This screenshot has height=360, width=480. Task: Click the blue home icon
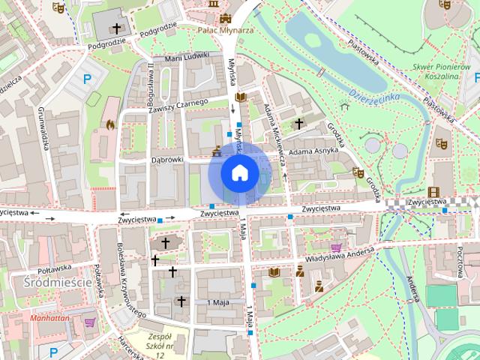pos(240,172)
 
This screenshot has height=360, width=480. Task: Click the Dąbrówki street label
pos(167,159)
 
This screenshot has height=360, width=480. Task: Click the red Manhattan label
pos(50,317)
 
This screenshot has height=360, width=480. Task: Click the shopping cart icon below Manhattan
pos(91,322)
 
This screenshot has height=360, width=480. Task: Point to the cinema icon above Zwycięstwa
pos(433,192)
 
